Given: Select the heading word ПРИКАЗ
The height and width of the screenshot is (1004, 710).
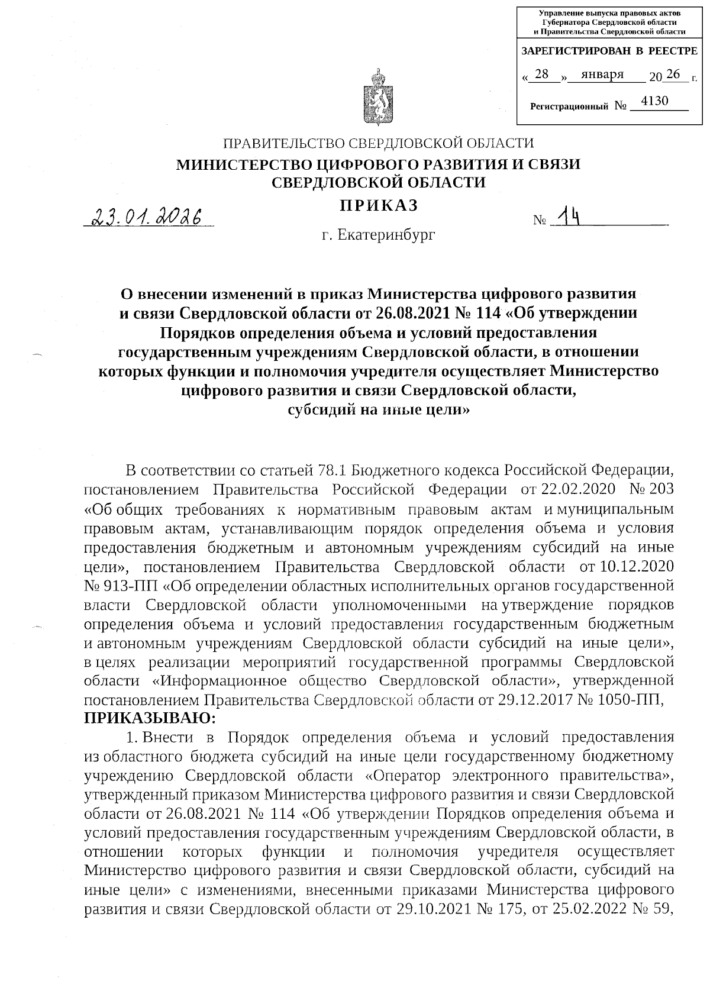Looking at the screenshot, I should (378, 205).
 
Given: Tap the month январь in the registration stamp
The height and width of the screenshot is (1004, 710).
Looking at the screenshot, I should (602, 75).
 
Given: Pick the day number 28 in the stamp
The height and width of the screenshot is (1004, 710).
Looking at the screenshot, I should (541, 75).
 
